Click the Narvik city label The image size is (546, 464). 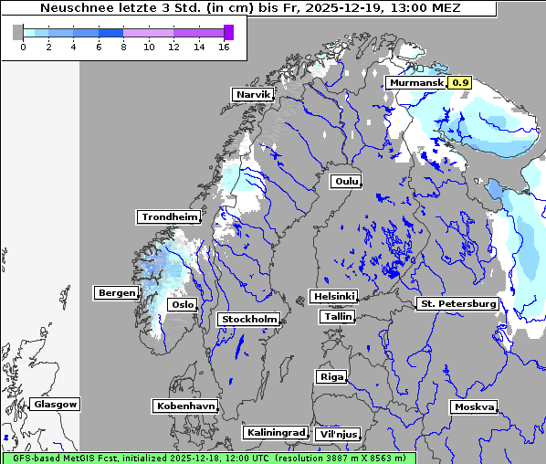(x=253, y=94)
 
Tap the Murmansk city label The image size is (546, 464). (x=415, y=82)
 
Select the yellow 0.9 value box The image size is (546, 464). (x=461, y=82)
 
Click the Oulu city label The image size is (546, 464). (x=346, y=181)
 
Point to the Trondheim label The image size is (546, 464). (x=169, y=216)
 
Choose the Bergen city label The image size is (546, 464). (x=116, y=292)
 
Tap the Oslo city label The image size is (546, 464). (x=183, y=304)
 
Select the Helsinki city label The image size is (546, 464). (x=333, y=296)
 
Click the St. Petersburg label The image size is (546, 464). (x=457, y=303)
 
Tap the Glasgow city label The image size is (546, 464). (x=56, y=404)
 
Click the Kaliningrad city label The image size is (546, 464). (x=276, y=432)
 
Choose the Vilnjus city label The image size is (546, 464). (x=338, y=434)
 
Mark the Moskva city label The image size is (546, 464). (x=475, y=406)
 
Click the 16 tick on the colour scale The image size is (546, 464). (x=224, y=47)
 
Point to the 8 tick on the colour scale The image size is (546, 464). (x=123, y=47)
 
